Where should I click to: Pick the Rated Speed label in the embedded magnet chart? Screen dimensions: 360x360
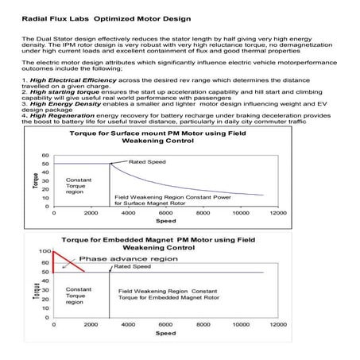click(132, 267)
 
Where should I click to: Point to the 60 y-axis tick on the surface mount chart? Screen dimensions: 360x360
click(45, 155)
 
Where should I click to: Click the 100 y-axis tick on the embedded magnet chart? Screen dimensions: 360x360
click(45, 251)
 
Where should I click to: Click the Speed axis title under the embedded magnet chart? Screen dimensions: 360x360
click(165, 334)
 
